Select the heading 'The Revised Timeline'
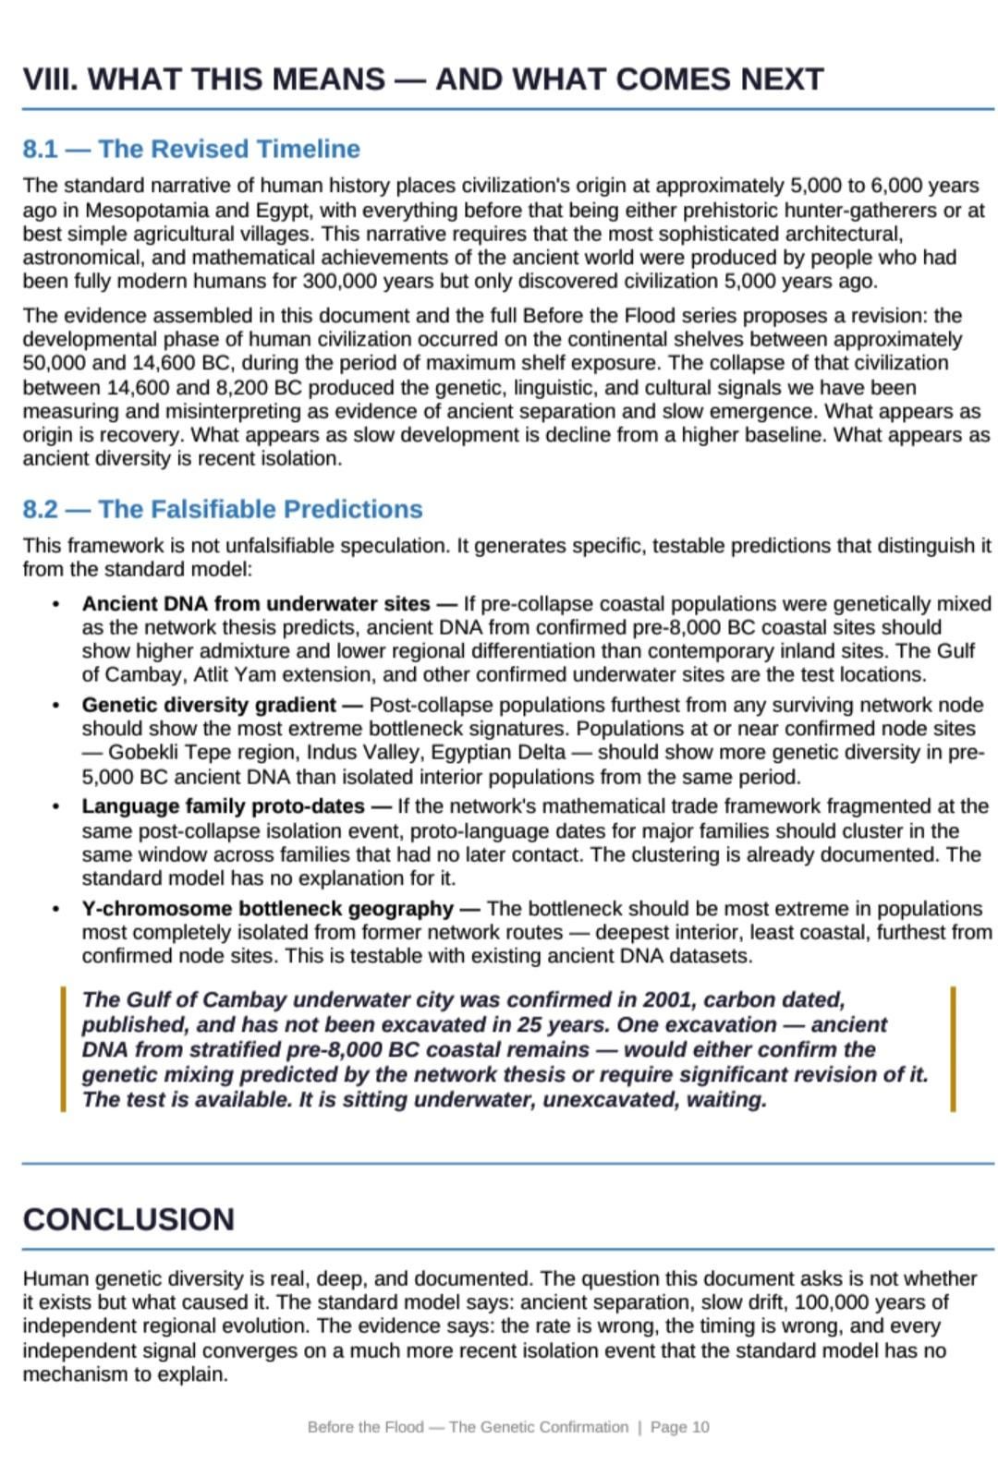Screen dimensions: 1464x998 click(x=228, y=149)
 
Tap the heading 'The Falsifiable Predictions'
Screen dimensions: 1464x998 click(x=260, y=509)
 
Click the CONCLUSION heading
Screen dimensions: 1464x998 click(x=128, y=1219)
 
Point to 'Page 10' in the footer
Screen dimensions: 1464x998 click(x=679, y=1427)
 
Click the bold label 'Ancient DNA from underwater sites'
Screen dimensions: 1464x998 click(x=256, y=604)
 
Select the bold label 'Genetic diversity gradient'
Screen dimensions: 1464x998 click(x=209, y=705)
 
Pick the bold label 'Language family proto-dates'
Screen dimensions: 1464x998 click(x=223, y=806)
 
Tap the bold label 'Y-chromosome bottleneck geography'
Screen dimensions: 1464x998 click(x=267, y=909)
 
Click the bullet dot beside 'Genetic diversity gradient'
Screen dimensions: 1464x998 click(x=57, y=706)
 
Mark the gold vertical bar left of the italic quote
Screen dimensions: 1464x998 click(x=63, y=1049)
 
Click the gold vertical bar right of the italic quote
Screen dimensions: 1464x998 click(x=953, y=1049)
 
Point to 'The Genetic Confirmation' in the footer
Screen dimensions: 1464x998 click(x=538, y=1427)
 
